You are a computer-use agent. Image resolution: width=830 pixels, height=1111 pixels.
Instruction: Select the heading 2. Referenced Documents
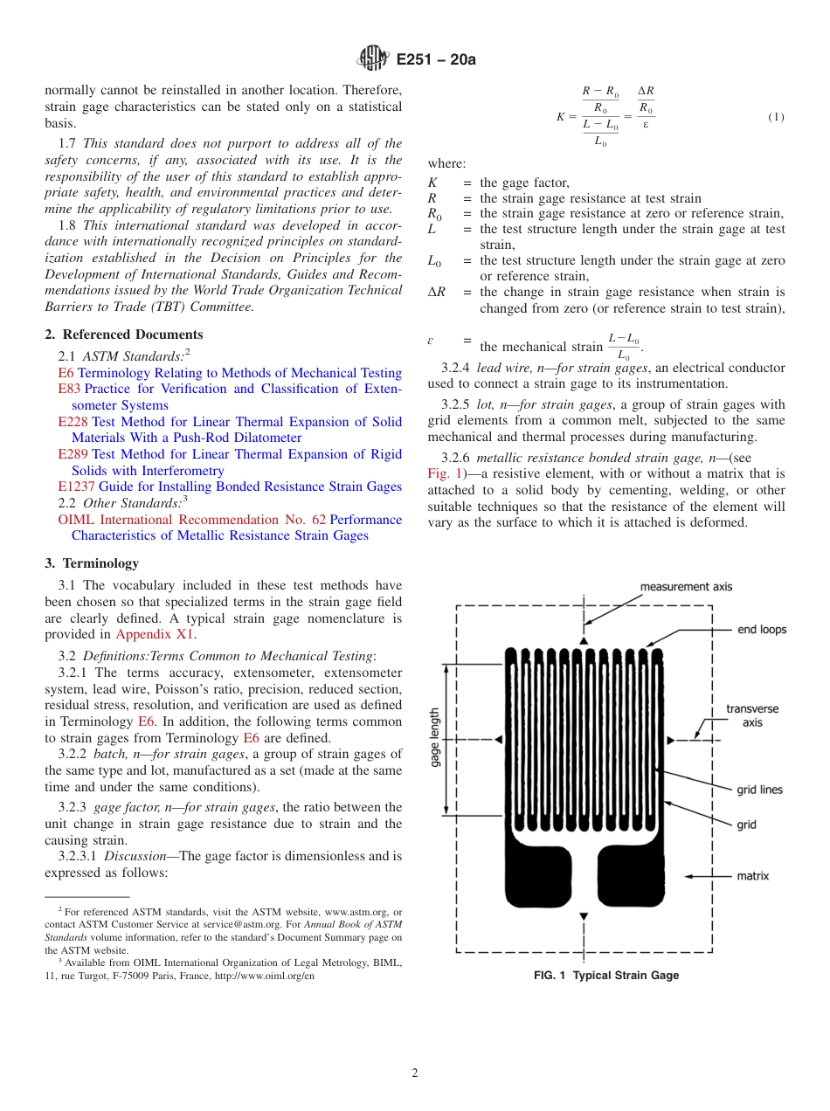pyautogui.click(x=124, y=335)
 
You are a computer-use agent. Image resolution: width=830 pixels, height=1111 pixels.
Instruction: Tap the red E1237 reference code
pyautogui.click(x=76, y=486)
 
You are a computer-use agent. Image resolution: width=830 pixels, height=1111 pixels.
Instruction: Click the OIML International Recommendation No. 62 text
pyautogui.click(x=191, y=520)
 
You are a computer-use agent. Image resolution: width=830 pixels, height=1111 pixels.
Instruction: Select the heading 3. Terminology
pyautogui.click(x=92, y=563)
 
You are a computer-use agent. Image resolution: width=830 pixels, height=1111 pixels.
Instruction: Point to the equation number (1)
pyautogui.click(x=775, y=117)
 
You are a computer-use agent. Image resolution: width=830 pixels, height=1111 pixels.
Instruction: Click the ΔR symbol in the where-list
pyautogui.click(x=436, y=293)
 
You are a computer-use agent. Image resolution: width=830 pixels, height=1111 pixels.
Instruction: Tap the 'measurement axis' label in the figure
pyautogui.click(x=686, y=587)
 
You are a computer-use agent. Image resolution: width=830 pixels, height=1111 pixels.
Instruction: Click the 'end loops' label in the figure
pyautogui.click(x=761, y=629)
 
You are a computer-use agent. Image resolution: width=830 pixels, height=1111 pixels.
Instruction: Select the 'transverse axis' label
pyautogui.click(x=752, y=715)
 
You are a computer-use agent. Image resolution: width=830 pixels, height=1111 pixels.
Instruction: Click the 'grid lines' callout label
pyautogui.click(x=759, y=790)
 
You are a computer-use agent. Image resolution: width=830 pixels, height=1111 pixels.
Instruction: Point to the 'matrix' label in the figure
pyautogui.click(x=752, y=875)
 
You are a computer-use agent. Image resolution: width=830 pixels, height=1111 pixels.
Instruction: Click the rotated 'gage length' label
pyautogui.click(x=435, y=738)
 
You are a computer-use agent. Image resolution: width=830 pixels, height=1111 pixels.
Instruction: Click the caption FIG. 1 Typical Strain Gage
pyautogui.click(x=605, y=976)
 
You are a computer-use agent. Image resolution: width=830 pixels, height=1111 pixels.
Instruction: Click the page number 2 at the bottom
pyautogui.click(x=415, y=1073)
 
